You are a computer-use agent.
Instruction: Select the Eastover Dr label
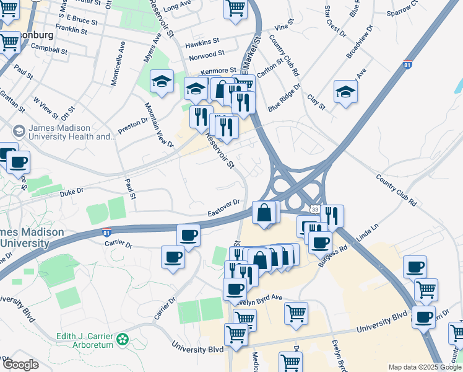pyautogui.click(x=223, y=206)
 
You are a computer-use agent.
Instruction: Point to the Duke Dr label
pyautogui.click(x=71, y=193)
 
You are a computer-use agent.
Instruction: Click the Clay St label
pyautogui.click(x=316, y=103)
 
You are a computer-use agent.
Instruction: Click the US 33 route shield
pyautogui.click(x=315, y=211)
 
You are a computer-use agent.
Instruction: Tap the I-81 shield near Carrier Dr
pyautogui.click(x=107, y=232)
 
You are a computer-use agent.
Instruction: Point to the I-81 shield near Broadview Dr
pyautogui.click(x=407, y=64)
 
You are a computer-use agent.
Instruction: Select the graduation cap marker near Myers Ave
pyautogui.click(x=162, y=82)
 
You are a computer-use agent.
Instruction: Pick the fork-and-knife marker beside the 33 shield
pyautogui.click(x=332, y=216)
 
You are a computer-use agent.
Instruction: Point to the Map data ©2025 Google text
pyautogui.click(x=425, y=367)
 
